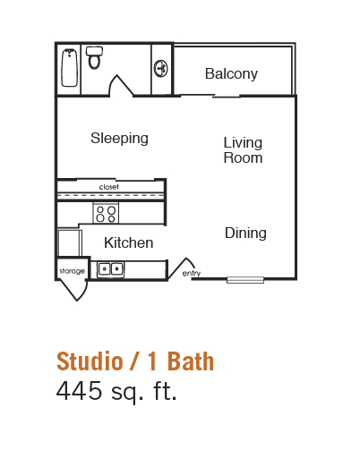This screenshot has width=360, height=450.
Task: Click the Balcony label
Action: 231,74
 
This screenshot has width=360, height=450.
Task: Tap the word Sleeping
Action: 119,139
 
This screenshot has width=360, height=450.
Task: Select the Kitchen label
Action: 129,242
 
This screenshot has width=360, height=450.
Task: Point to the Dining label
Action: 245,233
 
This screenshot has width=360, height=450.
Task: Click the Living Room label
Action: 243,150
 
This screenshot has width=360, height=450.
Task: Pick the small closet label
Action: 108,187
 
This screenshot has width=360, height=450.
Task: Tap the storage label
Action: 73,271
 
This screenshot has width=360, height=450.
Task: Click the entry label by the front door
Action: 192,273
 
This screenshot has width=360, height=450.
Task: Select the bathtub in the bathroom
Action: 70,68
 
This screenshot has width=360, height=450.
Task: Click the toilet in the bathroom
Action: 94,58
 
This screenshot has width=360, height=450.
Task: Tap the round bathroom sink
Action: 160,68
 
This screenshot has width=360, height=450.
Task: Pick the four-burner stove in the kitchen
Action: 106,213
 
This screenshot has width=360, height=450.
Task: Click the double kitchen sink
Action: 110,269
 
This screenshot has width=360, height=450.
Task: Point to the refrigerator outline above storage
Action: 70,242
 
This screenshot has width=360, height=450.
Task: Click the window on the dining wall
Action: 245,280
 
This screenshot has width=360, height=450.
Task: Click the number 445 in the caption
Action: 79,391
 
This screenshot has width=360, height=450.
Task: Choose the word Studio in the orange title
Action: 90,361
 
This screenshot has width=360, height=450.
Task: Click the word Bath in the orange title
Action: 191,361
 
